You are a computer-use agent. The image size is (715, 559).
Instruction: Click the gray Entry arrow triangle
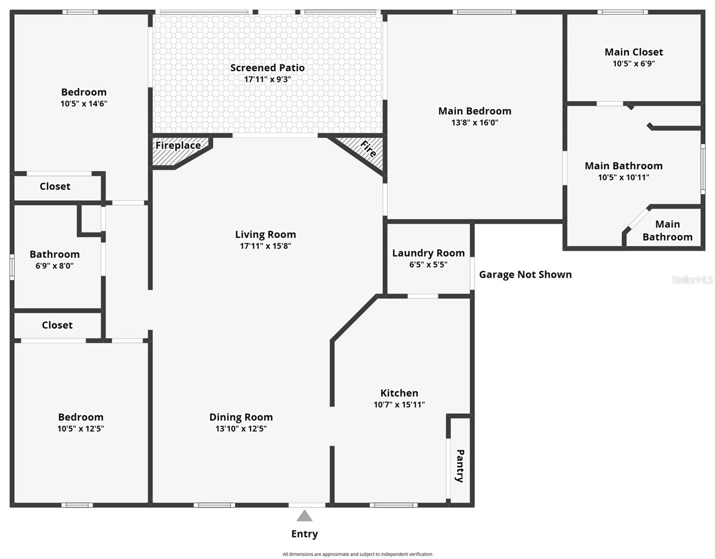(304, 516)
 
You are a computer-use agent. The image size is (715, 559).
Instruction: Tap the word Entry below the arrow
(304, 534)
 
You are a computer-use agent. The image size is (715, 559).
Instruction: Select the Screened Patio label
(267, 68)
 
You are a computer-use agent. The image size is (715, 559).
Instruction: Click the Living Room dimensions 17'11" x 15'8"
(265, 246)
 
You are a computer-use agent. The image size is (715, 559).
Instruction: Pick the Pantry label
(460, 465)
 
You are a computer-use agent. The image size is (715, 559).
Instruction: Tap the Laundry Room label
(428, 253)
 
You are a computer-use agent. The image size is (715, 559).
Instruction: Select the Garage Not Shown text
(525, 274)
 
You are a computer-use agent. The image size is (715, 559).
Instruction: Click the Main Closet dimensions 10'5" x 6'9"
(634, 64)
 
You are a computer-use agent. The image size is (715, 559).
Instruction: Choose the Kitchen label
(399, 393)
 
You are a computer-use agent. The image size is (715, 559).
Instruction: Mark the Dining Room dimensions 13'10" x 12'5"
(241, 429)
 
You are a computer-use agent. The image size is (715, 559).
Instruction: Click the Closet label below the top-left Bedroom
(55, 186)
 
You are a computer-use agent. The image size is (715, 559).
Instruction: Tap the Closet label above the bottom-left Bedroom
(57, 325)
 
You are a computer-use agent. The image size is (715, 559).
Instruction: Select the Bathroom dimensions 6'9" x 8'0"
(54, 266)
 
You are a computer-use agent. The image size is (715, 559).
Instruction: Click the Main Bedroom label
(474, 111)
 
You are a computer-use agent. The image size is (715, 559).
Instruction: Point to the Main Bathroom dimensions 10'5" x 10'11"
(623, 177)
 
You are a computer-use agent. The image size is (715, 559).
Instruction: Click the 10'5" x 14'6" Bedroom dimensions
(84, 103)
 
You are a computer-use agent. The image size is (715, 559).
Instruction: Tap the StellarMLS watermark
(692, 279)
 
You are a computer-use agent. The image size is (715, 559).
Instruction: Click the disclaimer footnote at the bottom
(357, 554)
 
